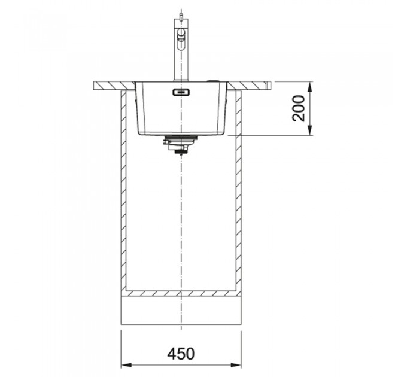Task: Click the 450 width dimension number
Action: click(181, 354)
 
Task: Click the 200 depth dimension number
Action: click(298, 108)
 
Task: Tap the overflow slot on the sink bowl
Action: click(181, 92)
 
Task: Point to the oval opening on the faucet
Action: click(181, 39)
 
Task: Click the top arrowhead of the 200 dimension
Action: click(309, 87)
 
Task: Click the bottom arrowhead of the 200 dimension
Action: click(309, 130)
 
